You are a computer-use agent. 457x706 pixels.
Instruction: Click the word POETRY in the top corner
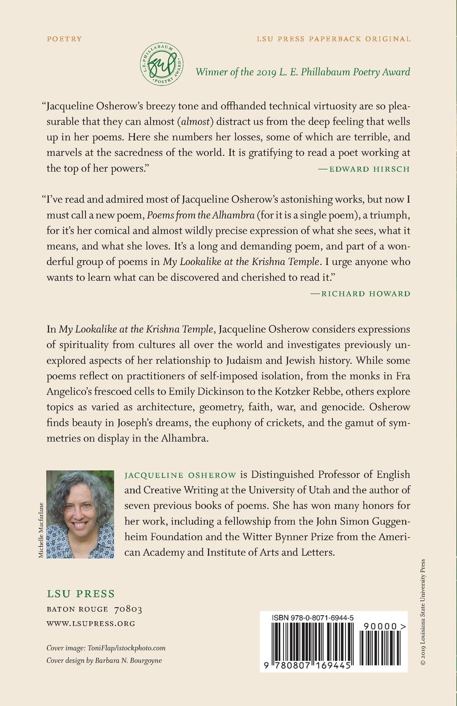64,39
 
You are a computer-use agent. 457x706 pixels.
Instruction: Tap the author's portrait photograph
80,514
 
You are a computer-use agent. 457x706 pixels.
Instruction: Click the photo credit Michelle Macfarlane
42,531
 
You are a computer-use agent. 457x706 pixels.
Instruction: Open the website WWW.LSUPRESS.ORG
91,623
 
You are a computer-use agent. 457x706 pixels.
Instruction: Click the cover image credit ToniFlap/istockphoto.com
128,648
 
